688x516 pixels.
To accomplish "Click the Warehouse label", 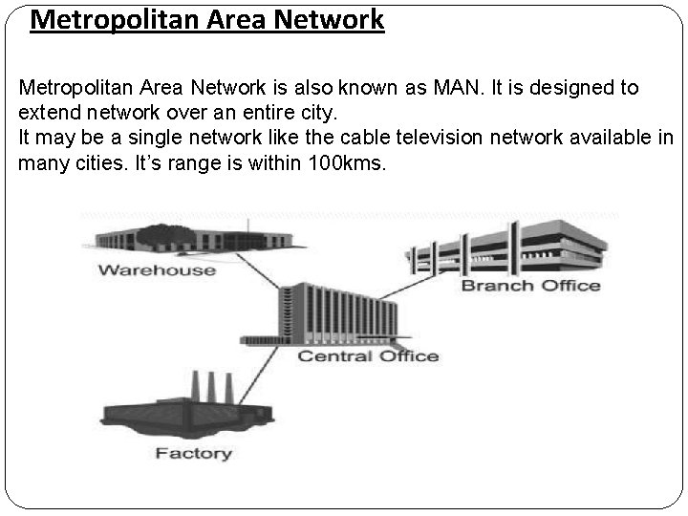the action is tap(157, 270).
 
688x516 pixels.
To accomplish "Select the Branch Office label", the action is tap(531, 285).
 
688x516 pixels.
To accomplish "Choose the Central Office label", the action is tap(368, 356).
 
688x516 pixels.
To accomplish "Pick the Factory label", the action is tap(194, 453).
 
